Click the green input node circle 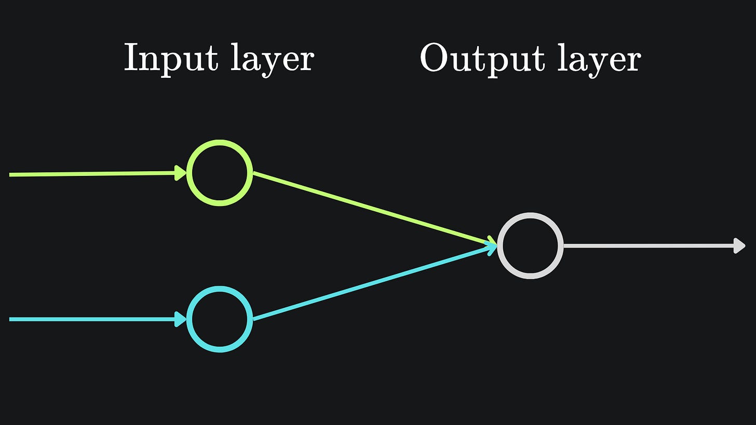coord(220,172)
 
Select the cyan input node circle coord(220,319)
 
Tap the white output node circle coord(530,245)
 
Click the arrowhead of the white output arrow coord(739,246)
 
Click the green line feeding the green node coord(93,174)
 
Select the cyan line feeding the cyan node coord(93,319)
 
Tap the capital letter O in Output coord(434,58)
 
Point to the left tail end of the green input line coord(11,175)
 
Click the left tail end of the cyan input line coord(11,319)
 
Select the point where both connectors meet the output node coord(496,245)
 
